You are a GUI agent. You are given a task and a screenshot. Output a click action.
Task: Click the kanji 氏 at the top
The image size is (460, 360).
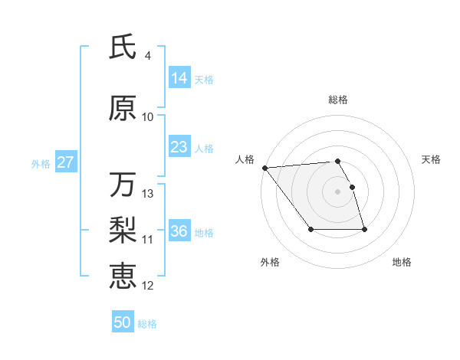click(123, 47)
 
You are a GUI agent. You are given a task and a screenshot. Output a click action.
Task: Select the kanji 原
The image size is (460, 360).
click(123, 109)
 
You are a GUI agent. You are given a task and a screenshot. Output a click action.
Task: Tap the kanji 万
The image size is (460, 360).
click(123, 185)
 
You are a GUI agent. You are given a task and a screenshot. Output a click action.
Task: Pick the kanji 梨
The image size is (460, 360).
click(123, 229)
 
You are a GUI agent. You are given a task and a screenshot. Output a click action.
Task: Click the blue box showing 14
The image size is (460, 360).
click(179, 78)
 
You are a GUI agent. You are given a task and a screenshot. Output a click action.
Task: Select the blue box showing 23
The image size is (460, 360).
click(179, 147)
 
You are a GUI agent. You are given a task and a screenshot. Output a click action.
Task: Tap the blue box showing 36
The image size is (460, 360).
click(179, 231)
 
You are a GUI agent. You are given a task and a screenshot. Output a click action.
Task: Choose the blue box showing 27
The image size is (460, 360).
click(65, 162)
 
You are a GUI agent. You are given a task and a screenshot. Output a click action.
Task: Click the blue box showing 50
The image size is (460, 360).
click(123, 322)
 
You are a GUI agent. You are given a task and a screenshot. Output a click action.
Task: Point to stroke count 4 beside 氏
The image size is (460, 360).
click(147, 56)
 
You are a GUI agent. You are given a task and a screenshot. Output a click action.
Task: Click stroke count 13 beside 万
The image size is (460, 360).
click(148, 194)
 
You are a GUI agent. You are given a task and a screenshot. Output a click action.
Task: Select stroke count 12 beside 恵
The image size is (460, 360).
click(148, 286)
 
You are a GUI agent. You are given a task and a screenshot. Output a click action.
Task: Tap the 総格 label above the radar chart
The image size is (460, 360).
click(338, 100)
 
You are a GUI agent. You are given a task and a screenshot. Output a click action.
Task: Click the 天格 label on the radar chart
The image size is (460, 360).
click(432, 159)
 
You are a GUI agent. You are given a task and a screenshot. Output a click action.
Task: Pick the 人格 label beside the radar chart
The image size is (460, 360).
click(245, 159)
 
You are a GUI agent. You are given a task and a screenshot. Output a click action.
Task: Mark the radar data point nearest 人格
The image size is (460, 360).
click(264, 168)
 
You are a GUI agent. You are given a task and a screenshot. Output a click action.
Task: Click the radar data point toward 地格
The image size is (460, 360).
click(364, 229)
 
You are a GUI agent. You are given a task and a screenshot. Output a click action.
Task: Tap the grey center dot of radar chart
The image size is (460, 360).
click(338, 191)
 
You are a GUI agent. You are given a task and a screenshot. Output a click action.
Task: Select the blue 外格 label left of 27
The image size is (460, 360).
click(41, 163)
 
